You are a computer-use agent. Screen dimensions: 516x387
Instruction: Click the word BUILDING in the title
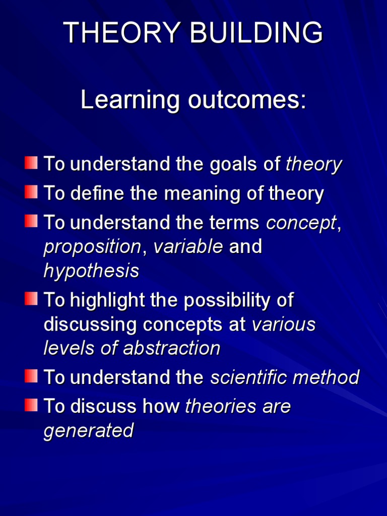(262, 34)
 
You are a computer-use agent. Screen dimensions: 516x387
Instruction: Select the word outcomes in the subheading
(246, 100)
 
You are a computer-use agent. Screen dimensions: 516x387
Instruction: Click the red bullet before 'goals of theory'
(31, 163)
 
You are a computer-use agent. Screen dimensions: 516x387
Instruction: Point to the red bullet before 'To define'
(31, 192)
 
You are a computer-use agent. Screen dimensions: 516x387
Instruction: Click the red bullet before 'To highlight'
(31, 299)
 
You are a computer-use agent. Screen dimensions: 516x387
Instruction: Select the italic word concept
(301, 223)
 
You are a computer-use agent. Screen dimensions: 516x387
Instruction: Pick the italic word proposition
(92, 247)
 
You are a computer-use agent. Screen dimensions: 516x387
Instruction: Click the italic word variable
(188, 247)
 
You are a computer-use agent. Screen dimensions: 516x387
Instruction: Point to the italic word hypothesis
(91, 272)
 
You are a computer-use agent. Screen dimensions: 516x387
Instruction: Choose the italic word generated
(89, 431)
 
